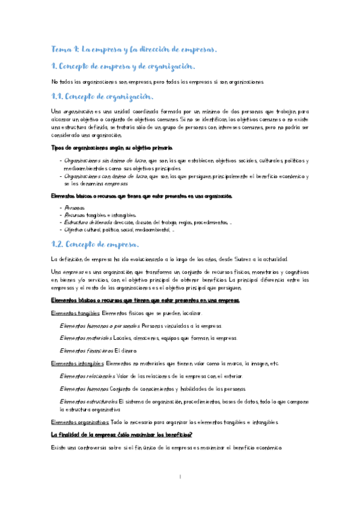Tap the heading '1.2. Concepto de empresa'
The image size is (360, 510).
click(x=95, y=244)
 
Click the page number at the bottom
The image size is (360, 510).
click(x=180, y=477)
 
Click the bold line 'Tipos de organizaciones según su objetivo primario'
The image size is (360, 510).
click(x=112, y=148)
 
